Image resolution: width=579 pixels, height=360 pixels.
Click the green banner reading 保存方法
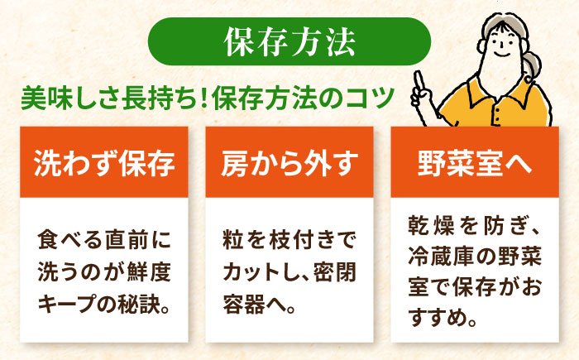click(289, 41)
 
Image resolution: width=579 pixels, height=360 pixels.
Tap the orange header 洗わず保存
click(103, 162)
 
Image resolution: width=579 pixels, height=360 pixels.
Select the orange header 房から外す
click(289, 162)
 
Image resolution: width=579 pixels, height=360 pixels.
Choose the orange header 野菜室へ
click(475, 162)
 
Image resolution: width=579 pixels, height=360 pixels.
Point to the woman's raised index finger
click(419, 80)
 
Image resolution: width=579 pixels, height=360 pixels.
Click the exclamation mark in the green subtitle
click(203, 98)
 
